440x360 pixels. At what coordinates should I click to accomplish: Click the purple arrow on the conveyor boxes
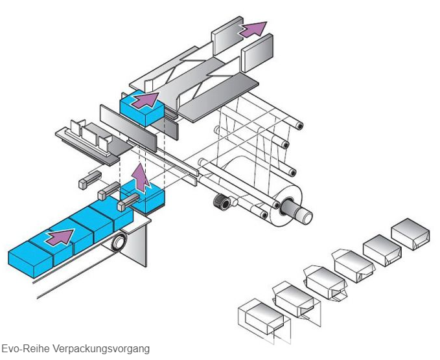coord(60,236)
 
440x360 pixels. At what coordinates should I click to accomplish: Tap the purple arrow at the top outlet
coord(253,28)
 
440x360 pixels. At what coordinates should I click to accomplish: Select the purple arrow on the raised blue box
coord(146,100)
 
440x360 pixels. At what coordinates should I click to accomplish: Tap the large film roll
coord(272,188)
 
